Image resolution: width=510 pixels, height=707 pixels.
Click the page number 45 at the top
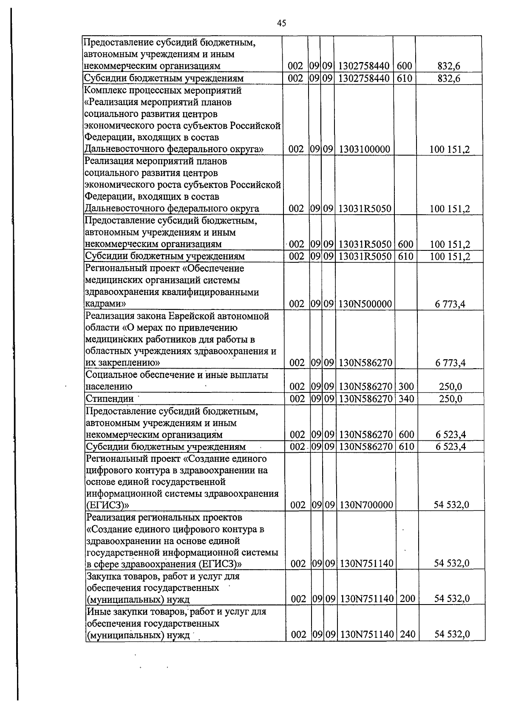click(281, 23)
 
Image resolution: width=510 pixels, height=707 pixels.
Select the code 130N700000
click(366, 505)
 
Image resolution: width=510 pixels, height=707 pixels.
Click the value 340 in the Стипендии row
click(406, 399)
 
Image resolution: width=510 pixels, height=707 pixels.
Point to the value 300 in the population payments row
click(406, 387)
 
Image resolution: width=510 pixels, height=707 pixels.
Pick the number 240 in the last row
click(408, 634)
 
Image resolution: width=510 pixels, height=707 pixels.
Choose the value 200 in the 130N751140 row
click(408, 599)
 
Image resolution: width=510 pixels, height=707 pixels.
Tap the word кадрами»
click(105, 304)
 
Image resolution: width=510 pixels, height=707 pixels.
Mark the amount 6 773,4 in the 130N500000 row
click(450, 304)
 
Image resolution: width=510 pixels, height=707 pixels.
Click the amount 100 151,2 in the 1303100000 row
click(450, 149)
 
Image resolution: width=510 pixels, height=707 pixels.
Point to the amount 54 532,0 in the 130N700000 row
click(451, 505)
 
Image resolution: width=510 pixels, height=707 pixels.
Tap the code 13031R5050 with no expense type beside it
click(365, 209)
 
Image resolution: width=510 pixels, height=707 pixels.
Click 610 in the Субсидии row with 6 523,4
click(406, 446)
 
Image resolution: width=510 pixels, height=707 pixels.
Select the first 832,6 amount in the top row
click(449, 66)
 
